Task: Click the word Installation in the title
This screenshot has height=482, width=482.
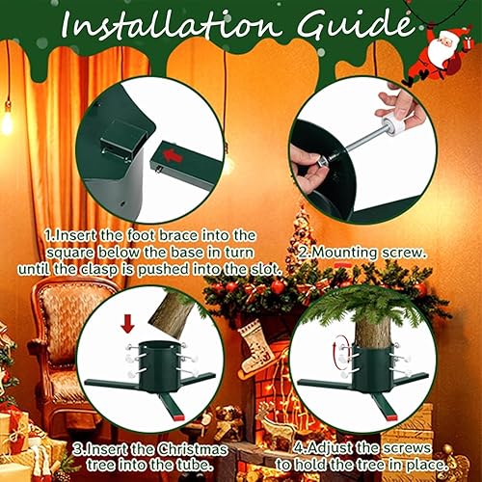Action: [169, 24]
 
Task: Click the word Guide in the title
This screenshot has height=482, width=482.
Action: [356, 24]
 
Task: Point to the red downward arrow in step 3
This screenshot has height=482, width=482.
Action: [127, 324]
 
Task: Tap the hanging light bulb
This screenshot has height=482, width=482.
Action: [7, 120]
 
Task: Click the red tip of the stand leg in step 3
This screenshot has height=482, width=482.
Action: [179, 417]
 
